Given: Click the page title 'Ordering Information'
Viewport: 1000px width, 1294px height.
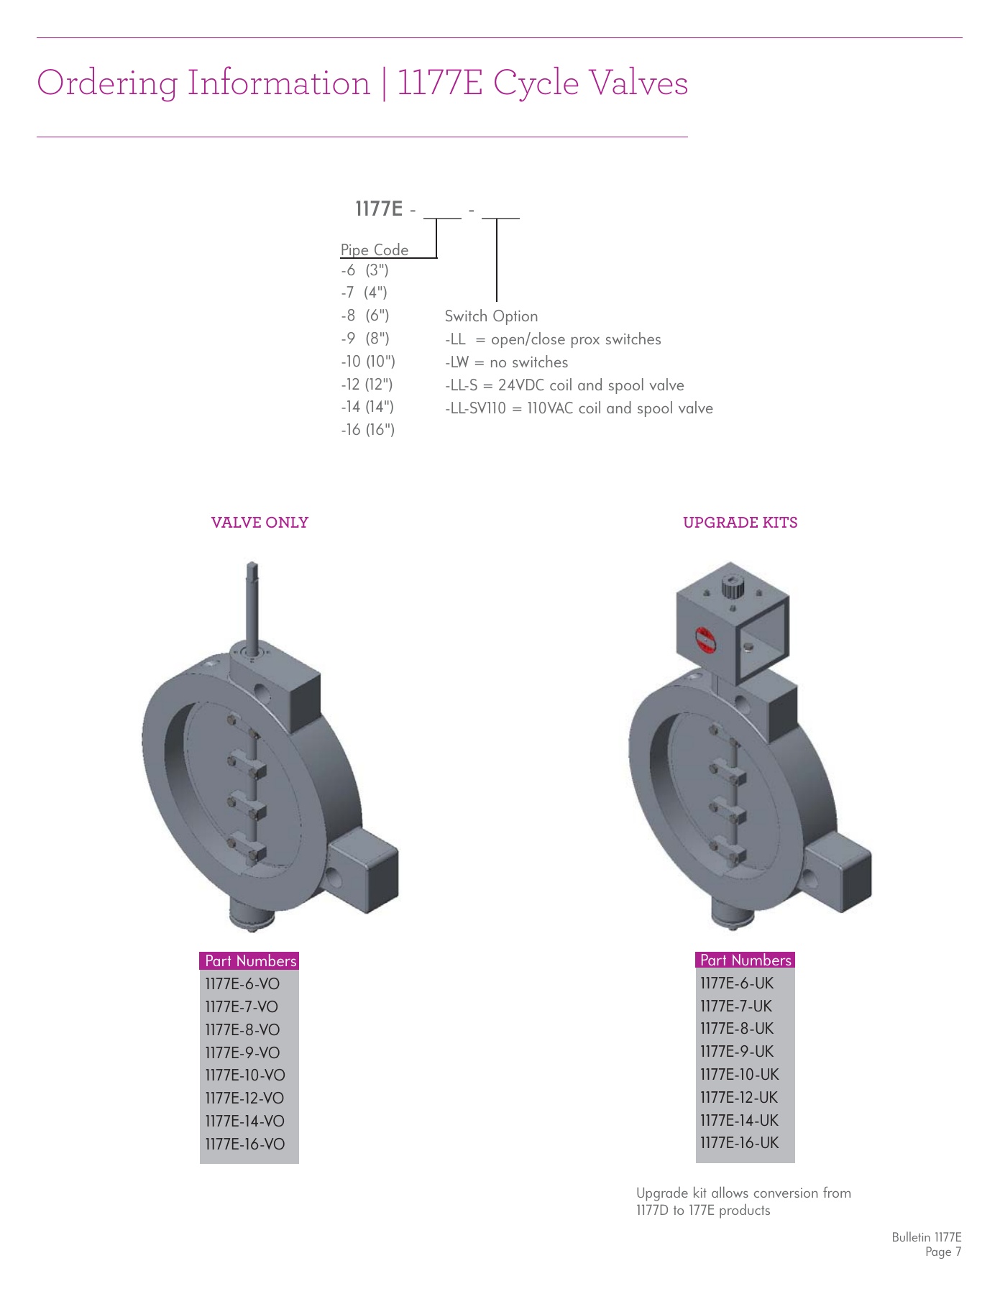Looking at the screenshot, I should [203, 83].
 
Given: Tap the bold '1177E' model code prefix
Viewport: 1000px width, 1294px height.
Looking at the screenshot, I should [379, 209].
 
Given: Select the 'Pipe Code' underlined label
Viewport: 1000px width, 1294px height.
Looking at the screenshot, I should [374, 250].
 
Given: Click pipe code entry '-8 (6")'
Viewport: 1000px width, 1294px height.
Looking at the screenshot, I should [365, 316].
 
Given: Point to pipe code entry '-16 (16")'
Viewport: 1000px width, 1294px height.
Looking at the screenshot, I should [367, 430].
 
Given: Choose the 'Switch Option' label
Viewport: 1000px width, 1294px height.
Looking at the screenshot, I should [491, 316].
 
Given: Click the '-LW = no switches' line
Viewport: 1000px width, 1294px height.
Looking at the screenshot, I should [506, 362].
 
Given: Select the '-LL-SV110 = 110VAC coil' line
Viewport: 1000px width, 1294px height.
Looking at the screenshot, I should [579, 408].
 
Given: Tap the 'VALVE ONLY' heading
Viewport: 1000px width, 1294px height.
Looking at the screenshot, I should [260, 523].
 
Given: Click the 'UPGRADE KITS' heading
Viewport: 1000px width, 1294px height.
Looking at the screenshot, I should [740, 523].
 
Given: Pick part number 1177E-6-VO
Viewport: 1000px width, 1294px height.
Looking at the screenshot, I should [242, 984].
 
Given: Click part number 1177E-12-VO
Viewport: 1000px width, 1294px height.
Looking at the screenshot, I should [244, 1098].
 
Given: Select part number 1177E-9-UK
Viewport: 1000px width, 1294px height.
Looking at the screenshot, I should [737, 1052].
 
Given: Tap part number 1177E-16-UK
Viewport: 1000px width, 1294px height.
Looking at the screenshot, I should [739, 1143].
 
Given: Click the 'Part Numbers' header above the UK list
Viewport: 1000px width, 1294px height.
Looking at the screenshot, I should [746, 960].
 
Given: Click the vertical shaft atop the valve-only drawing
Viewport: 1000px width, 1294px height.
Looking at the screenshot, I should [252, 604].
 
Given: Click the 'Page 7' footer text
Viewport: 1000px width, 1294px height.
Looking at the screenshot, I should [942, 1252].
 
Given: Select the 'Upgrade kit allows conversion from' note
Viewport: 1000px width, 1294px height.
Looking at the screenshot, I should [743, 1193].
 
